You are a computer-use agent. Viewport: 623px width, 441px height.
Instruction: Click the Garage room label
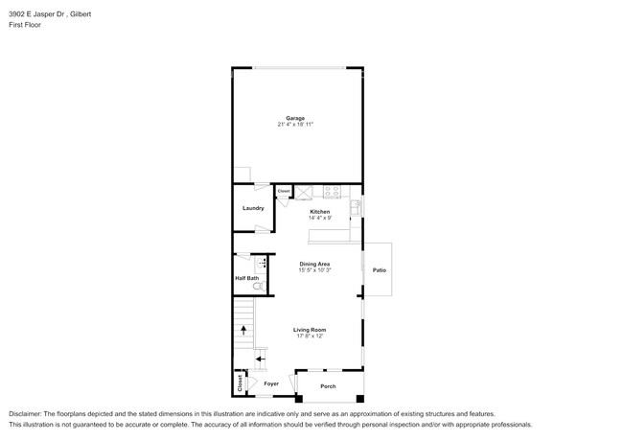coord(295,118)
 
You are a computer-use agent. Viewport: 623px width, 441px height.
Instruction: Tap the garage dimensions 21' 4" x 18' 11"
coord(295,125)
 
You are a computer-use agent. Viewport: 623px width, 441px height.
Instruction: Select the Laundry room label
coord(253,208)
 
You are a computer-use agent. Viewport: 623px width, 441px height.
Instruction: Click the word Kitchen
coord(319,212)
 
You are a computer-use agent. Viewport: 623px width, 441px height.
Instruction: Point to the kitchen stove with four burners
coord(332,191)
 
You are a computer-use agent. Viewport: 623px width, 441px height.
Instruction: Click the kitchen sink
coord(355,205)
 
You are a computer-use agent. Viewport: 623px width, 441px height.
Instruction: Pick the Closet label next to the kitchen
coord(284,192)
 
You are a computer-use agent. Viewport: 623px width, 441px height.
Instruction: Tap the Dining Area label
coord(314,264)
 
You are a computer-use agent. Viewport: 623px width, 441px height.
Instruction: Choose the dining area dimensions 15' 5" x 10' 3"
coord(314,270)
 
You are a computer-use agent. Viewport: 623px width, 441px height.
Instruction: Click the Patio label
coord(379,271)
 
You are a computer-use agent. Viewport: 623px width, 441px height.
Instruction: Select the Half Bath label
coord(246,279)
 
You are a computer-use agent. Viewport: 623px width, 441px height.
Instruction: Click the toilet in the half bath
coord(256,286)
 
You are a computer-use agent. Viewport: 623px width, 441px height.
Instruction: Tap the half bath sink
coord(260,262)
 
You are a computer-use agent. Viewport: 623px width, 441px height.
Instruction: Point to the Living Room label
coord(310,329)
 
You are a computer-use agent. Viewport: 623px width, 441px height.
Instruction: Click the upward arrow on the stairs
coord(243,329)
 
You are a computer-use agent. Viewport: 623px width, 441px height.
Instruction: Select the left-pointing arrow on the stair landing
coord(260,359)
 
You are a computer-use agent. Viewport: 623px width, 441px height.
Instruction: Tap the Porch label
coord(328,386)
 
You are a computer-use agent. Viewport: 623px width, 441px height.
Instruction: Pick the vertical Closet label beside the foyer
coord(239,383)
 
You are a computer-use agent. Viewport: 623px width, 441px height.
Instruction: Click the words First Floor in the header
coord(25,25)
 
